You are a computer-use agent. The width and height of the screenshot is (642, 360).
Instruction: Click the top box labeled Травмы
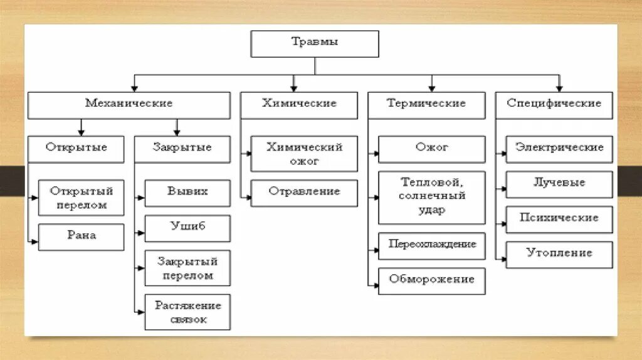pyautogui.click(x=315, y=43)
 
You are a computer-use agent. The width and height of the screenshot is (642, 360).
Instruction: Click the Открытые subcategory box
pyautogui.click(x=76, y=149)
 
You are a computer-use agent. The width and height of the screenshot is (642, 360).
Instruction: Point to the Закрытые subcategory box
pyautogui.click(x=182, y=149)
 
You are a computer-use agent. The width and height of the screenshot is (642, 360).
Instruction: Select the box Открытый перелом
pyautogui.click(x=81, y=197)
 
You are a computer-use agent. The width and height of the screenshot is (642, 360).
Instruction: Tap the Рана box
pyautogui.click(x=81, y=236)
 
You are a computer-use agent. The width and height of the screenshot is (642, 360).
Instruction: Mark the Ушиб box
pyautogui.click(x=187, y=228)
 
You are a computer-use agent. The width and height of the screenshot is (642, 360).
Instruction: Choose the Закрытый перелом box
pyautogui.click(x=187, y=268)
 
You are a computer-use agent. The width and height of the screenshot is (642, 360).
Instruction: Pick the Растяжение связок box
pyautogui.click(x=187, y=312)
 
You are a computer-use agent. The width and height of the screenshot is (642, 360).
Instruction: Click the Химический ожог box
pyautogui.click(x=304, y=154)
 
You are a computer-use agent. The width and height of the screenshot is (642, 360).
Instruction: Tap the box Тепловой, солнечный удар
pyautogui.click(x=431, y=197)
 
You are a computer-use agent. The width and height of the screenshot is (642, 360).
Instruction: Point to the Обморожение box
pyautogui.click(x=431, y=280)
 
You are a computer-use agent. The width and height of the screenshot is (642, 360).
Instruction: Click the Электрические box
pyautogui.click(x=559, y=149)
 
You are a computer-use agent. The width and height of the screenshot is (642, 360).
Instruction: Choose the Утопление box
pyautogui.click(x=559, y=254)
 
